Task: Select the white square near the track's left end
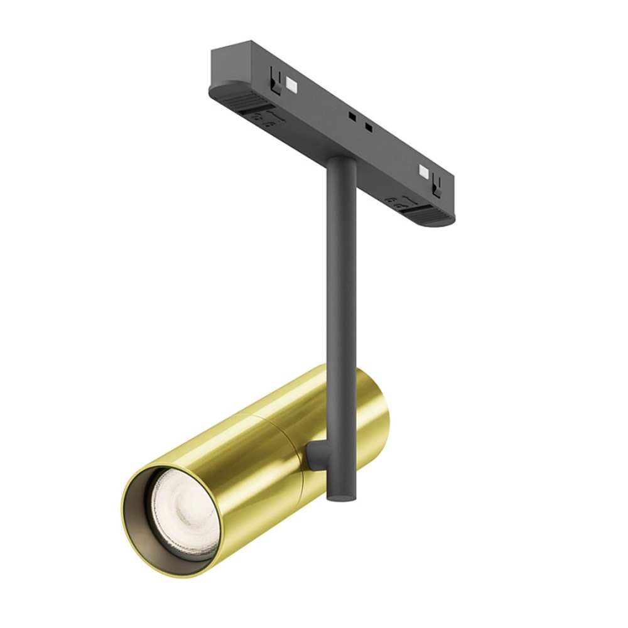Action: click(x=290, y=83)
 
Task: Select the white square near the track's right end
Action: click(x=424, y=171)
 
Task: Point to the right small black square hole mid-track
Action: click(x=369, y=127)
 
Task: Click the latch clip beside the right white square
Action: click(x=438, y=183)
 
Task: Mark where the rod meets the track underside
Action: click(x=342, y=161)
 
